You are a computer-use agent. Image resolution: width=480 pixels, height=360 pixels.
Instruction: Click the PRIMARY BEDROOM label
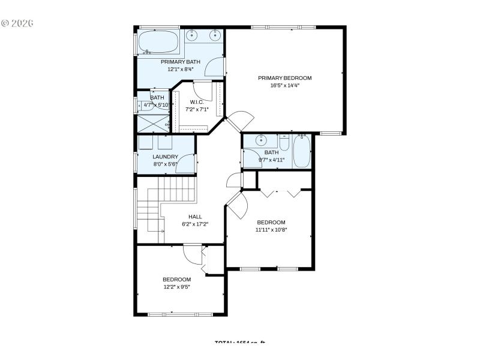coord(284,78)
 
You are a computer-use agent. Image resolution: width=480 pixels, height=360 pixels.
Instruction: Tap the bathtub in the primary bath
coord(158,42)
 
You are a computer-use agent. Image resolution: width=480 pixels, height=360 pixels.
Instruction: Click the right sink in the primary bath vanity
coord(214,35)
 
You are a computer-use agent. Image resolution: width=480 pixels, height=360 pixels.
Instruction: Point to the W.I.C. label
coord(197,102)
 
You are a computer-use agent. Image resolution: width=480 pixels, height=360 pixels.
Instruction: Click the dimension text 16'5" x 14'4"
coord(284,86)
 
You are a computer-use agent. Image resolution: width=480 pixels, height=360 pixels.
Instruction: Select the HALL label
coord(195,217)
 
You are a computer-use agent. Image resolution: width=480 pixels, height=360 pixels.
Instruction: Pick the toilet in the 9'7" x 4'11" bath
coord(284,143)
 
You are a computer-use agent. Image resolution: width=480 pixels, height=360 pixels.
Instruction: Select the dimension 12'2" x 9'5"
coord(177,287)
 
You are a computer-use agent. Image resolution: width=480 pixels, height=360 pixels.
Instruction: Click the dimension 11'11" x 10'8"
coord(271,229)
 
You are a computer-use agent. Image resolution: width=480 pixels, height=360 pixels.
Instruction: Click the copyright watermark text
coord(17,23)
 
